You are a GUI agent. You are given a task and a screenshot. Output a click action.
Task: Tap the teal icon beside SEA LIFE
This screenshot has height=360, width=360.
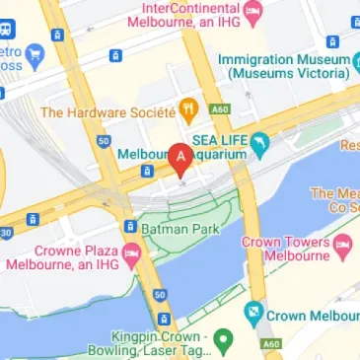tap(260, 148)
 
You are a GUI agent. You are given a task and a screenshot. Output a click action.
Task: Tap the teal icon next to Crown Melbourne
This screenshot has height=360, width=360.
tap(253, 316)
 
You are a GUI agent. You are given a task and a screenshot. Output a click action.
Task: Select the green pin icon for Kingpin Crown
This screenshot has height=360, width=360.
tap(225, 341)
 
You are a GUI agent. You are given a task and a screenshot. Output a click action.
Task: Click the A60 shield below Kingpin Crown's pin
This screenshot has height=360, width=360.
tap(273, 344)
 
